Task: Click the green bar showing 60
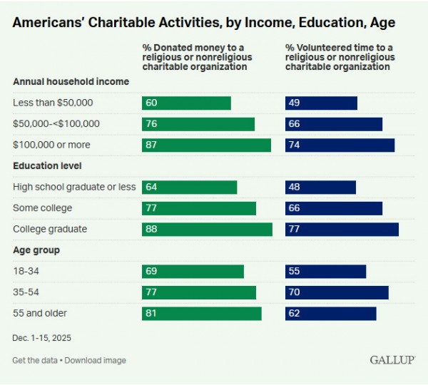tap(186, 103)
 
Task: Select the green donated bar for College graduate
tap(207, 229)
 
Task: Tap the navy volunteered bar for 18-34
tap(325, 272)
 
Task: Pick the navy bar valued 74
tap(340, 145)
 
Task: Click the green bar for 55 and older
tap(201, 314)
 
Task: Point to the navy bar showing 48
tap(320, 187)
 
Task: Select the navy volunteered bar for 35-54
tap(337, 292)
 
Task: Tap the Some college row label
tap(42, 208)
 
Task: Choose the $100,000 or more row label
tap(51, 145)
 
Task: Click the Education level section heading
tap(47, 166)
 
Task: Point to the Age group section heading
tap(36, 250)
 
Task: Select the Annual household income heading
tap(71, 82)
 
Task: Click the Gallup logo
tap(392, 359)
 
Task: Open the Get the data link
tap(35, 360)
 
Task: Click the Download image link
tap(95, 360)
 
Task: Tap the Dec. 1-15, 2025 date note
tap(41, 337)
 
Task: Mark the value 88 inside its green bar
tap(151, 229)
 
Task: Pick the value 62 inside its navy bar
tap(294, 314)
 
